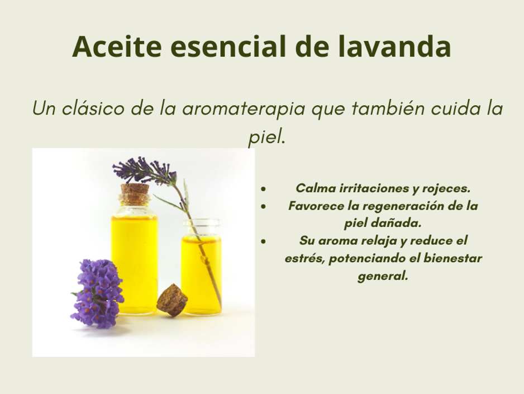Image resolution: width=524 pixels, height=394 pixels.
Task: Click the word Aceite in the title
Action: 117,46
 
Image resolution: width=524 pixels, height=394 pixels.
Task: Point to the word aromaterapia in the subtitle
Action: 244,108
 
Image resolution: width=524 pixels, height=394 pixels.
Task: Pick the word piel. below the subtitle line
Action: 266,137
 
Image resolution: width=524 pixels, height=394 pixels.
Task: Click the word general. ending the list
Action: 383,277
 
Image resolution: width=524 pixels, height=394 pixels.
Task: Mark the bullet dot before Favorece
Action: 264,207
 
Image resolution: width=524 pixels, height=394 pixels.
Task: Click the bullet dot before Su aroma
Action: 264,241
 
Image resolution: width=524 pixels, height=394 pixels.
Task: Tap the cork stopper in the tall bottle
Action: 135,194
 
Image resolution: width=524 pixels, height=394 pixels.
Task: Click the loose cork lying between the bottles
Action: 172,300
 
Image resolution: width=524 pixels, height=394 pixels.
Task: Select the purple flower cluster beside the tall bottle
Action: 97,293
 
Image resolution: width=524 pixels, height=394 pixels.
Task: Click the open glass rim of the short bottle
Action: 201,222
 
